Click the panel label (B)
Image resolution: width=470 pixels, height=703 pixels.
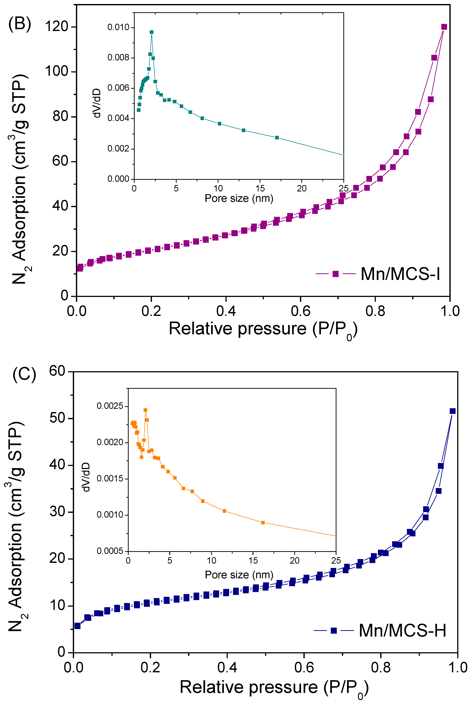click(20, 24)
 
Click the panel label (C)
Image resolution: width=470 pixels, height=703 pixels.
click(24, 375)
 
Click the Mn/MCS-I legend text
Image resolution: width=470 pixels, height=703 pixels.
click(400, 274)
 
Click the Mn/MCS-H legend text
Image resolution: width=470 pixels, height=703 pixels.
click(402, 630)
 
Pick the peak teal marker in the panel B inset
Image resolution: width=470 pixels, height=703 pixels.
click(152, 32)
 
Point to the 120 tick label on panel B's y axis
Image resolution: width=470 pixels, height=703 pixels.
click(57, 26)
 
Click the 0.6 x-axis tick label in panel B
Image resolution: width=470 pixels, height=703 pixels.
click(300, 311)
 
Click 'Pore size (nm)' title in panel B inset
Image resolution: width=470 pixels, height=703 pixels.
click(239, 198)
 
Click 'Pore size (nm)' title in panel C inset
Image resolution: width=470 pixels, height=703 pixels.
click(239, 575)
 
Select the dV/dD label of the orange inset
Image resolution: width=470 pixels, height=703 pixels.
click(86, 477)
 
